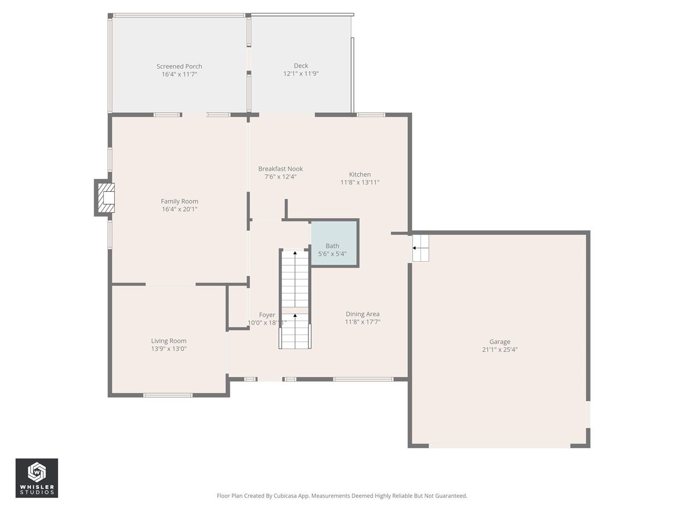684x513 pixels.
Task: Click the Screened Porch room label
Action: (179, 66)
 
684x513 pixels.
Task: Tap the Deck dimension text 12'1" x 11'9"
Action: (301, 74)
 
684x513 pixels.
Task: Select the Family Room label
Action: (180, 201)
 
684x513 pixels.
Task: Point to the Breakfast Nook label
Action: (281, 169)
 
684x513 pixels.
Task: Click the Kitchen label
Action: (360, 174)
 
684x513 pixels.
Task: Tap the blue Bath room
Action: (334, 243)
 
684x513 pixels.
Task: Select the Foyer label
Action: (267, 315)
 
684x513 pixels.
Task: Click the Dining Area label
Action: (362, 314)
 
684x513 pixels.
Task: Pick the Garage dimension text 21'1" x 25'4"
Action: (500, 350)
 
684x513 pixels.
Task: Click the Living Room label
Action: (169, 341)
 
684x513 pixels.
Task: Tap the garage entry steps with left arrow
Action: (420, 248)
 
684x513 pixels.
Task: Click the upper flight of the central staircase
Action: (295, 278)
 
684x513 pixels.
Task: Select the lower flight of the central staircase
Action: (295, 331)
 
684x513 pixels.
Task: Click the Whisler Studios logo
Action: (36, 478)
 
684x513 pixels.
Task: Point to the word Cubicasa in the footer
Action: (286, 496)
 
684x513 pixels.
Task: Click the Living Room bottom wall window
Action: (168, 395)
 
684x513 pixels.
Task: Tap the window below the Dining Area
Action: (363, 379)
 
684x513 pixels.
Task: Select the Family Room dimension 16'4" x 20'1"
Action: (180, 209)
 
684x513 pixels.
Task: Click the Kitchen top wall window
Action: (371, 114)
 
